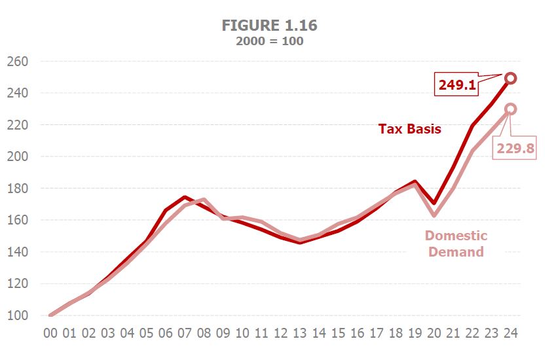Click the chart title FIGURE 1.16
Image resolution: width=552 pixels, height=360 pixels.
pos(270,26)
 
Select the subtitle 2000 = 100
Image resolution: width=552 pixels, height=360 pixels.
pos(270,41)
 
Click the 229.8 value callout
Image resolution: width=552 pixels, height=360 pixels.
pos(515,149)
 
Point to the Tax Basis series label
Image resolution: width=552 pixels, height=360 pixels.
pos(410,129)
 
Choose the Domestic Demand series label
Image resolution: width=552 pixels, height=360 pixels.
pos(456,243)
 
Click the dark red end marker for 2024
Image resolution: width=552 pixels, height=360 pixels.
pos(511,79)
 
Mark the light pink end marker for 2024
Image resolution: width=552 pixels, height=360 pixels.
pos(511,109)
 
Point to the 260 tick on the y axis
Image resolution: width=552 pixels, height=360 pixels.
pos(18,62)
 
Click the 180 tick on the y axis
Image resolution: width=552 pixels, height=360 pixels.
pos(18,189)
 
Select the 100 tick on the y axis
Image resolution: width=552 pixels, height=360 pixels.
pos(18,315)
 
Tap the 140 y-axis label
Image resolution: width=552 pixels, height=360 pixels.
pos(18,252)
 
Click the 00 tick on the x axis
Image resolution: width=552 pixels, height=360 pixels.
pos(51,333)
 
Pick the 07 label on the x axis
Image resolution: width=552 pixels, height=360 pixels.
pos(185,333)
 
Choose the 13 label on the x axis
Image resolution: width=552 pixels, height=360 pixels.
pos(300,333)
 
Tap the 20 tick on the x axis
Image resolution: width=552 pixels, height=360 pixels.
pos(434,333)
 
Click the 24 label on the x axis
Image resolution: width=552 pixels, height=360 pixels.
pos(511,333)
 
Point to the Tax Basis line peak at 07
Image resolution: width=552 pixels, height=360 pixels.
pos(185,197)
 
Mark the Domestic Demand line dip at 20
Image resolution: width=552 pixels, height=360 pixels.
pos(434,215)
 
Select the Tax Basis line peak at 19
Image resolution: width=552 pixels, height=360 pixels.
pos(415,182)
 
